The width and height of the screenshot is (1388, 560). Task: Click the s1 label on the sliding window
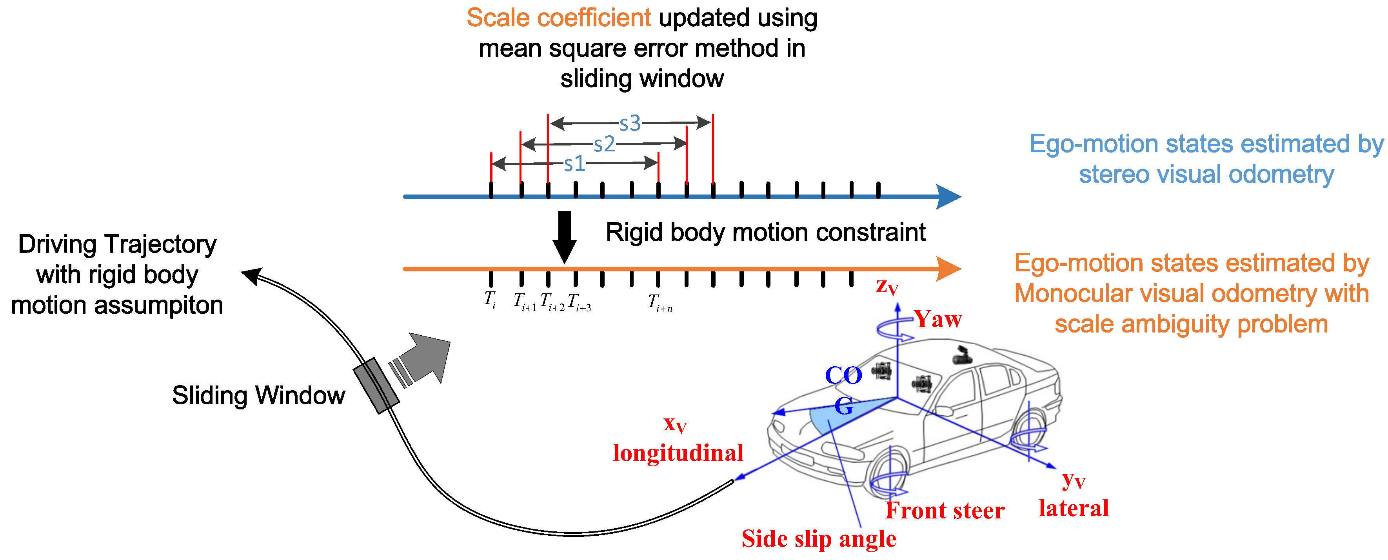pyautogui.click(x=574, y=163)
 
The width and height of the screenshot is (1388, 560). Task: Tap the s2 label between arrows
pyautogui.click(x=604, y=144)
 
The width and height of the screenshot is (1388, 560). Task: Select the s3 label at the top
pyautogui.click(x=630, y=124)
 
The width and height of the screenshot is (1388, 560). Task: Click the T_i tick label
pyautogui.click(x=490, y=300)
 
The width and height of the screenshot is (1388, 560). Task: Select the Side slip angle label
pyautogui.click(x=818, y=538)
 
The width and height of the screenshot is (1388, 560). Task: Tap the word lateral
pyautogui.click(x=1073, y=508)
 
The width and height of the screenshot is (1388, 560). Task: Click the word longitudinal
pyautogui.click(x=678, y=452)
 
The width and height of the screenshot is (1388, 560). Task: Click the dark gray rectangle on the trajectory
pyautogui.click(x=376, y=386)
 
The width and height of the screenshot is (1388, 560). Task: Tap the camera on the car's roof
pyautogui.click(x=961, y=356)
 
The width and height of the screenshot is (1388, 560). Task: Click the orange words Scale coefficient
pyautogui.click(x=558, y=18)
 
